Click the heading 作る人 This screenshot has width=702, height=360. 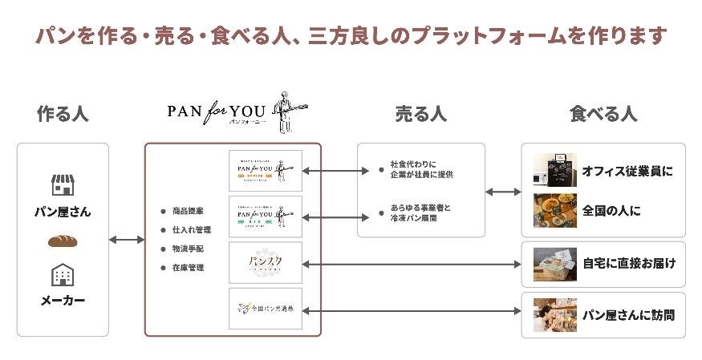[63, 114]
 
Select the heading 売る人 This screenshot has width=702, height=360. [420, 114]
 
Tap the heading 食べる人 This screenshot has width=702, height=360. [603, 114]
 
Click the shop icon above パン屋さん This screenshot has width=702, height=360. [63, 185]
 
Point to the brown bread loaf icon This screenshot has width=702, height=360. [63, 241]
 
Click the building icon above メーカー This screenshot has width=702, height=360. [63, 275]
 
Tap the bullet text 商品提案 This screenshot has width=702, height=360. [187, 212]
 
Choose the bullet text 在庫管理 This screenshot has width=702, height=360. [187, 267]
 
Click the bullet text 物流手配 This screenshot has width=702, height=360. [187, 249]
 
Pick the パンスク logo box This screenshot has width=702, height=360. [265, 262]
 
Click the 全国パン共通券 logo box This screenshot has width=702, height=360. [265, 308]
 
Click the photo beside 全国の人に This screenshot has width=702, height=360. [555, 211]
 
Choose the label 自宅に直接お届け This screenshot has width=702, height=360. [628, 263]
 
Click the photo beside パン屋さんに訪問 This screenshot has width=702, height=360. [555, 314]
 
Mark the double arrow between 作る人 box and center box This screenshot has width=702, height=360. [126, 240]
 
